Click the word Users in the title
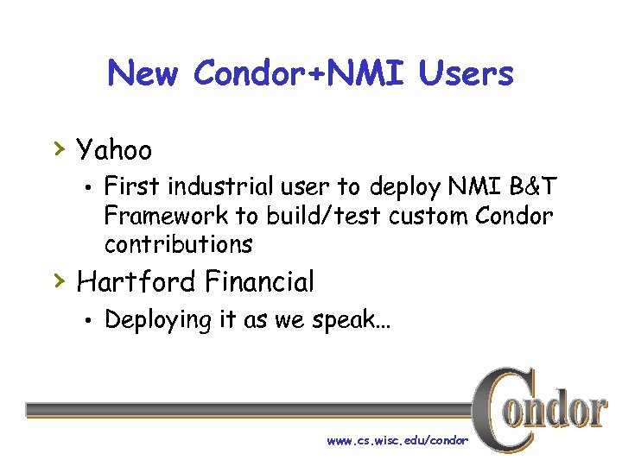click(466, 74)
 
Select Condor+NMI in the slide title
click(301, 74)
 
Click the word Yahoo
click(114, 151)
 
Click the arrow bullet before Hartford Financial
click(59, 280)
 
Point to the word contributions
click(178, 244)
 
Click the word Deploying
click(158, 320)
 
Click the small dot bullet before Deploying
click(88, 321)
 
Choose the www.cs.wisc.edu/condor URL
click(397, 440)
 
